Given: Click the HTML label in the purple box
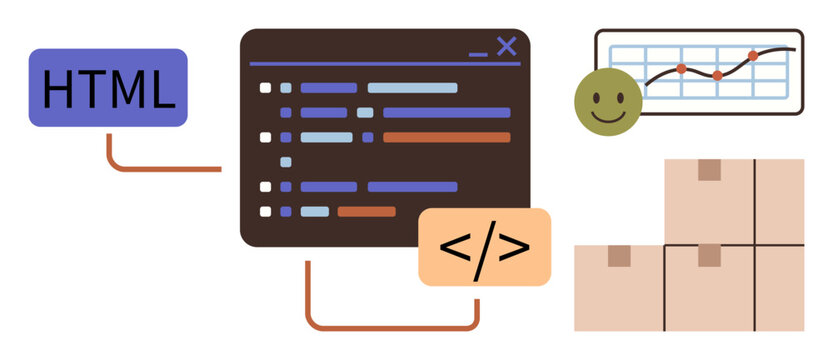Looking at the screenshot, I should coord(108,88).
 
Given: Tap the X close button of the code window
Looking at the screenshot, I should coord(506,45).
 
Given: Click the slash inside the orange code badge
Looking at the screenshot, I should coord(484,247).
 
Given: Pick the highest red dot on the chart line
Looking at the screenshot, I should coord(753,55).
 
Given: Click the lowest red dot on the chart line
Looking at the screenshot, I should coord(717,76).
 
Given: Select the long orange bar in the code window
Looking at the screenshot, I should coord(446,137).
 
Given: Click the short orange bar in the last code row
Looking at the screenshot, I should coord(366,211).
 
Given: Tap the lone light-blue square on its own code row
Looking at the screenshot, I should coord(286,161).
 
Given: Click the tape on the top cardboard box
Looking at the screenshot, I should coord(710,169).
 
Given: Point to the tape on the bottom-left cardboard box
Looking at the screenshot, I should coord(620,256).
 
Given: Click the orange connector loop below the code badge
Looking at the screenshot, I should coord(390,326).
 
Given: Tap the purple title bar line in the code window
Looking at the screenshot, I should coord(384,63).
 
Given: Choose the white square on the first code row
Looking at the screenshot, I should coord(266,88).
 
